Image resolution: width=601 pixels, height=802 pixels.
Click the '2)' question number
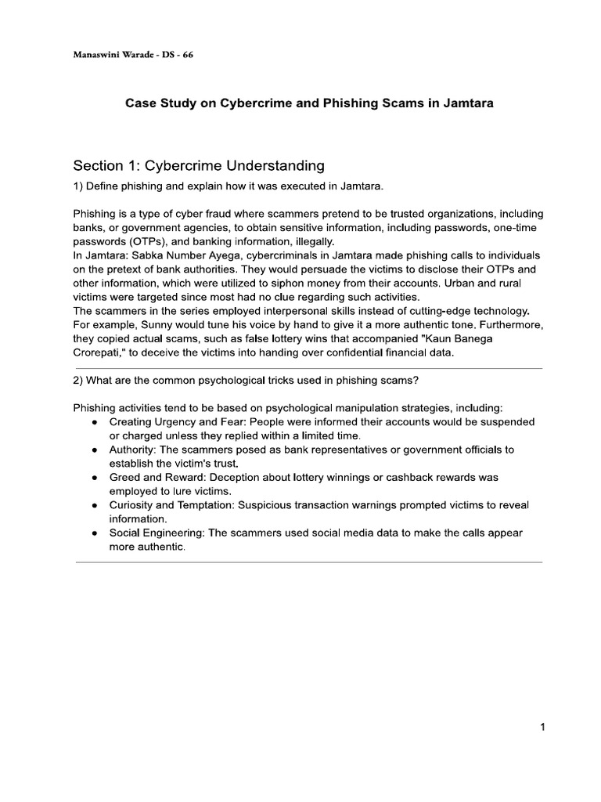pos(78,381)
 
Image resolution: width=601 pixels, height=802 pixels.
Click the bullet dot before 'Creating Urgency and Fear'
pos(94,422)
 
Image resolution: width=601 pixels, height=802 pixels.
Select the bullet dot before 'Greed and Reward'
pos(94,477)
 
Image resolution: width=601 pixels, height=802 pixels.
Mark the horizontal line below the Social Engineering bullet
pos(308,562)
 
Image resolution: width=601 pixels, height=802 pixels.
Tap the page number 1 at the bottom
pos(542,728)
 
